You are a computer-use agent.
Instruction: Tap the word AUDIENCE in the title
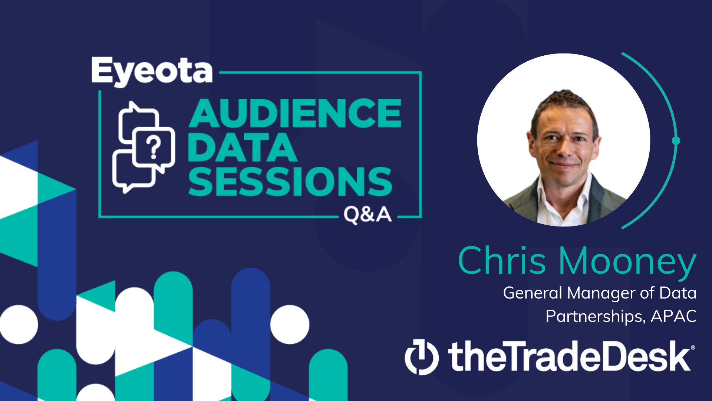click(295, 113)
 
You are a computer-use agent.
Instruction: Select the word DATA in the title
click(243, 147)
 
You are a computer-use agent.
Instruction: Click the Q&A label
click(367, 215)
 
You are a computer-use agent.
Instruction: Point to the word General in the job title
click(533, 293)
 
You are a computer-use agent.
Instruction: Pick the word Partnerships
click(595, 317)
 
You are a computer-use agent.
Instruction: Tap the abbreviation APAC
click(674, 316)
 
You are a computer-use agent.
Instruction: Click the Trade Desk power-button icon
click(422, 357)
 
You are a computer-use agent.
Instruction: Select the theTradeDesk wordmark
click(569, 356)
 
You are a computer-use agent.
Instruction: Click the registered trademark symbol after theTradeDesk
click(693, 348)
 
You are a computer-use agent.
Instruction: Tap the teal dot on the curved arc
click(676, 141)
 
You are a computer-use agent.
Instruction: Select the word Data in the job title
click(678, 293)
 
